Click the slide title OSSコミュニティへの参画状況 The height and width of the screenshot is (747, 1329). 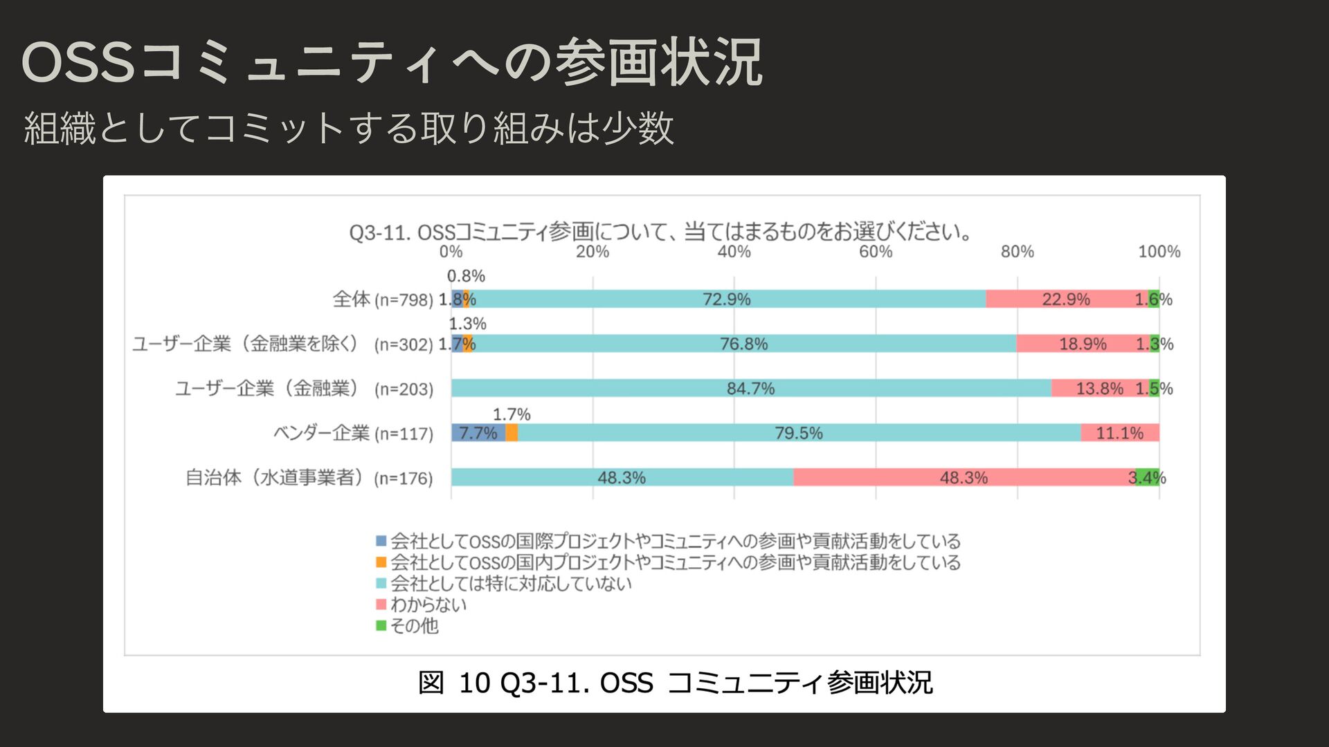point(392,63)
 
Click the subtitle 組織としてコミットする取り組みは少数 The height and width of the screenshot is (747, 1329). point(349,128)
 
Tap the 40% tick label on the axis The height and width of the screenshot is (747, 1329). point(734,252)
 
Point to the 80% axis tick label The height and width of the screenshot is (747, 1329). point(1017,252)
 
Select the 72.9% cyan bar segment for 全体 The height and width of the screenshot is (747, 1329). point(727,299)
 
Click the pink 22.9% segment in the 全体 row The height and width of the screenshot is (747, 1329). point(1066,299)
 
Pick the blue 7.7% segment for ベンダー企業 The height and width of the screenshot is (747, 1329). point(478,433)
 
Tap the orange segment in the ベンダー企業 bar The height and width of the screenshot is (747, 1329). point(512,433)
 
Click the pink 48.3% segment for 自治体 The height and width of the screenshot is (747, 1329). point(964,477)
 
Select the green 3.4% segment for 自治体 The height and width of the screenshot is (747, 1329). point(1148,477)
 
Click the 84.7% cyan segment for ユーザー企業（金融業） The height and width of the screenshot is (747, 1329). point(750,388)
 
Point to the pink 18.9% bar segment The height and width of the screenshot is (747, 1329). point(1083,344)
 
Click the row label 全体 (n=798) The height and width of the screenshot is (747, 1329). point(383,299)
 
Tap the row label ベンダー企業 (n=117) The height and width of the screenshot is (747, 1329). point(353,434)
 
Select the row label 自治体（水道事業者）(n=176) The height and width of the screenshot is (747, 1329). point(309,478)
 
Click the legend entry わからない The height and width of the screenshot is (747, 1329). point(428,605)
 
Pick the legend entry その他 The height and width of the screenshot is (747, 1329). point(414,626)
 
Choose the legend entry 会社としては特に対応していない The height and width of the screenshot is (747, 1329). point(511,583)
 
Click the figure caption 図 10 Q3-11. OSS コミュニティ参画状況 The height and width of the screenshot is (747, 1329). point(675,683)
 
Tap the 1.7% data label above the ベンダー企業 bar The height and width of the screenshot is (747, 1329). point(512,414)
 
